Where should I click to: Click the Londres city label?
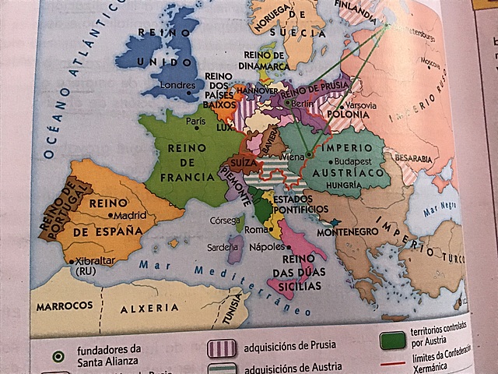[x=176, y=84]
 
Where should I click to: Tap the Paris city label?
[x=195, y=122]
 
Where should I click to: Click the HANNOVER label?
[x=251, y=90]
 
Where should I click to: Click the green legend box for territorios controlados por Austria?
[x=391, y=343]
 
